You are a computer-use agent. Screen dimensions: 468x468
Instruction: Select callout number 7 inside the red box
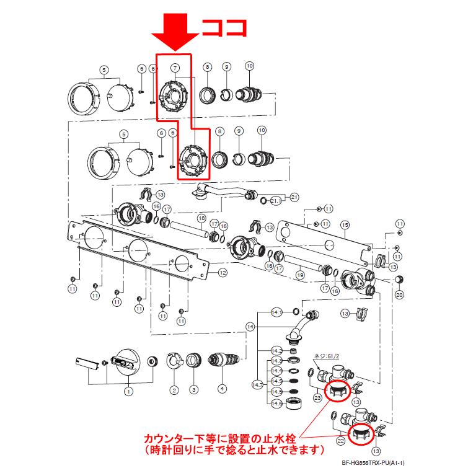coord(175,67)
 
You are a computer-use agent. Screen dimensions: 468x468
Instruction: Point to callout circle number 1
coord(128,391)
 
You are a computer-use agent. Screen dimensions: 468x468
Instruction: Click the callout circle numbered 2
coord(175,390)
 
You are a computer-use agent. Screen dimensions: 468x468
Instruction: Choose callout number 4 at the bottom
coord(221,390)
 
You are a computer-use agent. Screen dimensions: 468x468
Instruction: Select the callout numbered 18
coord(201,218)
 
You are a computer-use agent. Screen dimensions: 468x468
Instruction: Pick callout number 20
coord(399,296)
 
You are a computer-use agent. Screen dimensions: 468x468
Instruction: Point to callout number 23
coord(317,399)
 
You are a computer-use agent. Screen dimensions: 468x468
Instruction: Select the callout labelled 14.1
coord(277,312)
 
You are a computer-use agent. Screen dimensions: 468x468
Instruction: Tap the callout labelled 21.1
coord(275,201)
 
